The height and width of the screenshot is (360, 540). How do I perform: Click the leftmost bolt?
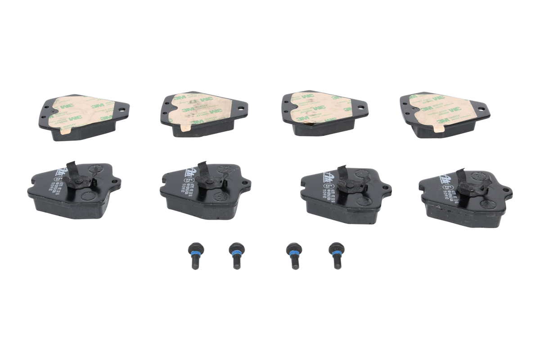pos(194,256)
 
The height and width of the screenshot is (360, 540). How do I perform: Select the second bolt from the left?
pos(236,256)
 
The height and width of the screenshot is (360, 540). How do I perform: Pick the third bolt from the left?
pos(295,256)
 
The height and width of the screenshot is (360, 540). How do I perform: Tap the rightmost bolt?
pos(336,256)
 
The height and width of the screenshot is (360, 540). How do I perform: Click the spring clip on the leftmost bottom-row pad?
pos(79,178)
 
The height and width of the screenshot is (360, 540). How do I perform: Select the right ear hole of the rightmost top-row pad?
pos(482,109)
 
